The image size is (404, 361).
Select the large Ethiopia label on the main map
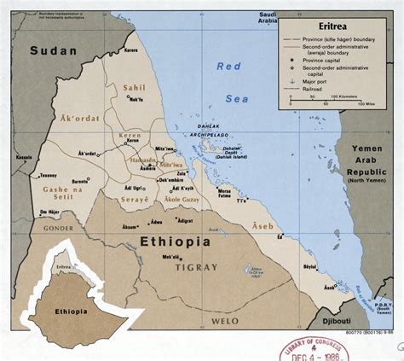point(167,242)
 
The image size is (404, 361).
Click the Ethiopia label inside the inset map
point(73,312)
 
